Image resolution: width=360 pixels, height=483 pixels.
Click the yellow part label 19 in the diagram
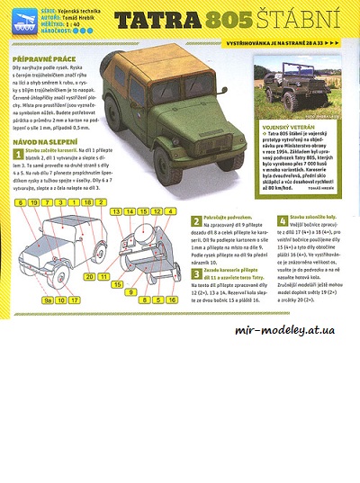34,203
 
